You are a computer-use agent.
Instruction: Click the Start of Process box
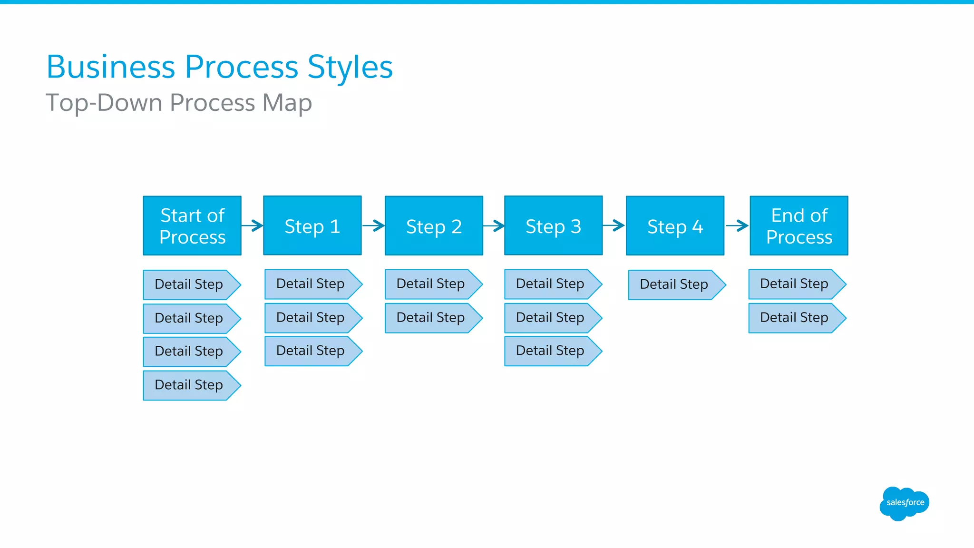(x=192, y=225)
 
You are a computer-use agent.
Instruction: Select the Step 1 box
(x=312, y=225)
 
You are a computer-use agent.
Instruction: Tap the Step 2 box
(x=434, y=225)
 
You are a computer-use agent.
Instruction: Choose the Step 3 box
(x=553, y=225)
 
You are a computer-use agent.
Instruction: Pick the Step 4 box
(x=675, y=225)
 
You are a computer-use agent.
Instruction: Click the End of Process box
(x=799, y=225)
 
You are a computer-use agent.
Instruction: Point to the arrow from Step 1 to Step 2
(x=373, y=225)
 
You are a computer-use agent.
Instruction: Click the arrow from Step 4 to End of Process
(x=737, y=225)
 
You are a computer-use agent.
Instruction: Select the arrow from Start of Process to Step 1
(x=253, y=225)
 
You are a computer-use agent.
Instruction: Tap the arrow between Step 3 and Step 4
(x=614, y=225)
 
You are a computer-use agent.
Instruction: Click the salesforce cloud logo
(x=905, y=503)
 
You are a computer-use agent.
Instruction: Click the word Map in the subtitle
(x=287, y=103)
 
